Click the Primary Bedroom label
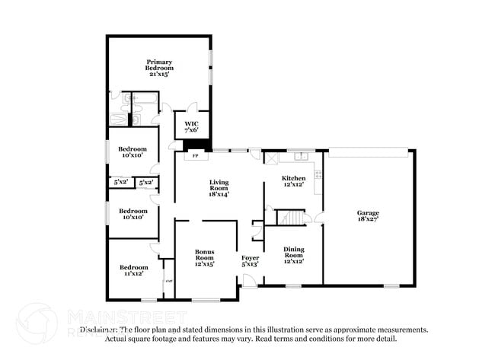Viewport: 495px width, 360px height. (159, 68)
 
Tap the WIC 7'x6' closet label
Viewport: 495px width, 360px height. (191, 126)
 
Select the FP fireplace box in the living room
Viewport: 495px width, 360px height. (195, 156)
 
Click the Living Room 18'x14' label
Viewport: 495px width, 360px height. (219, 188)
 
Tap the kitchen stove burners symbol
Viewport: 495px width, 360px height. (318, 174)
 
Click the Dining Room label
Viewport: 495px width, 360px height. (294, 254)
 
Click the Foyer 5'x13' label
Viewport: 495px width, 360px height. (250, 260)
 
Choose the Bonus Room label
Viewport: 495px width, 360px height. (204, 256)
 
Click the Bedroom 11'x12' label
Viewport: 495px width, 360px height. (133, 269)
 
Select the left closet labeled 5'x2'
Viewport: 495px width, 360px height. (120, 183)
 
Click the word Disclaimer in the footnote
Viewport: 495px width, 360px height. (100, 330)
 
